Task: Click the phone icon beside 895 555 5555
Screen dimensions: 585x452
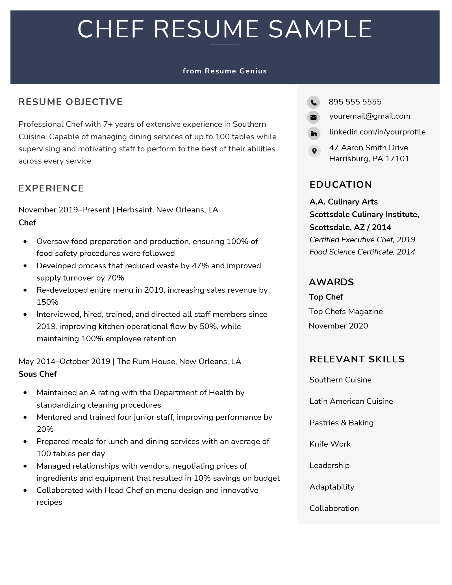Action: pos(313,102)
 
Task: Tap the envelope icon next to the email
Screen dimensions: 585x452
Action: pos(313,117)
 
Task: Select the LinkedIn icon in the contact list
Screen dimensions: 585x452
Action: pos(314,133)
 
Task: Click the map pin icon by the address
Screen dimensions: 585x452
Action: pos(314,151)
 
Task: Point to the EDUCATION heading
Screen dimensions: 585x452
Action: pos(341,184)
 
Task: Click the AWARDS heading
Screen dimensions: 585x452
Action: pos(331,282)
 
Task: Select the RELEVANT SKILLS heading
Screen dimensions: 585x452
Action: pos(357,359)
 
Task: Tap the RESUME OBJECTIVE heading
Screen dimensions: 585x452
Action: pos(71,102)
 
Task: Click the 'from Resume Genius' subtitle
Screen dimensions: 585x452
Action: pos(225,71)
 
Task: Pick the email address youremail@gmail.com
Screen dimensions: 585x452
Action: pos(370,116)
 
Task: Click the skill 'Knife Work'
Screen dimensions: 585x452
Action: pos(330,444)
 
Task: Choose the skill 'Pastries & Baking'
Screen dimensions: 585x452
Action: pos(341,423)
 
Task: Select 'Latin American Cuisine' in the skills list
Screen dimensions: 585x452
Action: pos(351,401)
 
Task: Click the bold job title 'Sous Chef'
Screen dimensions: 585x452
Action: pos(38,374)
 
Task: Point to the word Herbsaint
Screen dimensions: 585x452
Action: pos(134,210)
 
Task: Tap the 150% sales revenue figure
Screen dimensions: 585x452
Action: pos(47,302)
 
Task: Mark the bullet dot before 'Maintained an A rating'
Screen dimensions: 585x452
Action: pos(25,393)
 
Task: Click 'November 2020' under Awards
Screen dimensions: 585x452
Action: pos(338,326)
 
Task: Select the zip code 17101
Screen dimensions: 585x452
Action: pos(397,159)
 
